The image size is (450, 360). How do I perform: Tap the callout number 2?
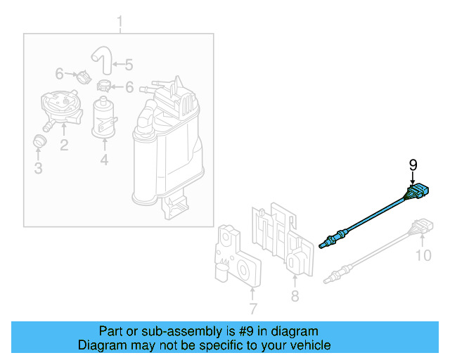(x=63, y=146)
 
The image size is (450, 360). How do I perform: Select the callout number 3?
(x=38, y=168)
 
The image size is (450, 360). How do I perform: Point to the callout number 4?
(x=104, y=161)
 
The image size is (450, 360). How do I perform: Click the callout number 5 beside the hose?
(x=128, y=65)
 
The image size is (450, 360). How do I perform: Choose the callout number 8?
(x=295, y=297)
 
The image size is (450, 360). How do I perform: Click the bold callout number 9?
(x=413, y=165)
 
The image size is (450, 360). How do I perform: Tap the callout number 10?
(x=422, y=255)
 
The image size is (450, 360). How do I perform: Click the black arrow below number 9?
(x=413, y=179)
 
